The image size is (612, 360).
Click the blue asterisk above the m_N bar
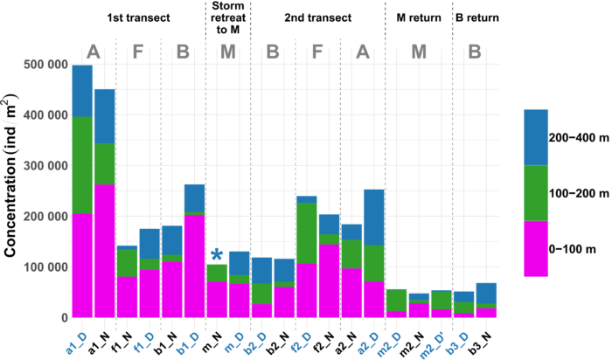tap(217, 255)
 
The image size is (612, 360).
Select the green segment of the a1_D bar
tap(82, 165)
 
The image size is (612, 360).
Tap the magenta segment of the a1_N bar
tap(105, 251)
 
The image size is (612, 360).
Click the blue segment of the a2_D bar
tap(374, 218)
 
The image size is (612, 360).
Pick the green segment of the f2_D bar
tap(307, 233)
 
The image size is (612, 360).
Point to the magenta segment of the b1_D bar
tap(194, 267)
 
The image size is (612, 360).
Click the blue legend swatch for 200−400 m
tap(536, 137)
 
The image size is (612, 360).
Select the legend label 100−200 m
tap(579, 193)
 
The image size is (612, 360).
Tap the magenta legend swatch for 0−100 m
tap(536, 249)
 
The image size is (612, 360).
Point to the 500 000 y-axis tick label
tap(45, 65)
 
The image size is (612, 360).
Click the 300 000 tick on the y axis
tap(45, 166)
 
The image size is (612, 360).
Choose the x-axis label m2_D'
tap(432, 346)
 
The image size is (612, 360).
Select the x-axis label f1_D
tap(143, 344)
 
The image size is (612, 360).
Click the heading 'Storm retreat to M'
tap(228, 17)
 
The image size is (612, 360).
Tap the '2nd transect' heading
tap(317, 17)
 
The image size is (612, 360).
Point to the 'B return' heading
tap(477, 17)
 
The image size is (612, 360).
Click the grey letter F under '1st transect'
tap(138, 52)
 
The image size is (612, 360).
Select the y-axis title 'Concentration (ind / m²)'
tap(10, 176)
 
